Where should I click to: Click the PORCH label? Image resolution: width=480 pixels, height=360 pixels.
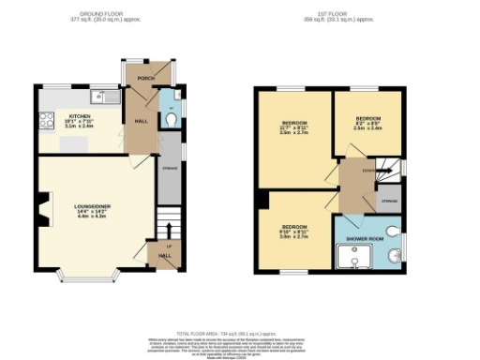point(146,79)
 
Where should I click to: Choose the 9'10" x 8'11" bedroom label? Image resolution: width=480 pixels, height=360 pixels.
point(292,231)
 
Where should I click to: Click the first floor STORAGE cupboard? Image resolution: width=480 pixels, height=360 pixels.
point(388,201)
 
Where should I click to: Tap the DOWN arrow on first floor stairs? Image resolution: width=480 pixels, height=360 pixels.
point(369,170)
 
